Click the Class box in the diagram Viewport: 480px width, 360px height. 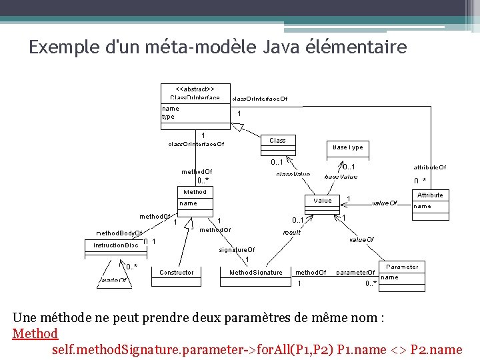pos(277,140)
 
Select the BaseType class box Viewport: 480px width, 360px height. pos(348,147)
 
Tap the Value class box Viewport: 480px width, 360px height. pos(322,200)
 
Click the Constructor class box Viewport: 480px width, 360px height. pos(177,272)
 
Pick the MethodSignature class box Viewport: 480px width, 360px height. pos(256,272)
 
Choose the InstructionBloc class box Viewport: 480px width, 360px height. pos(116,245)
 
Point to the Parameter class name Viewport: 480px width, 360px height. pos(402,267)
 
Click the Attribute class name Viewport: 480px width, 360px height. pos(430,195)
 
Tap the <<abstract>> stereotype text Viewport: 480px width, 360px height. pos(195,89)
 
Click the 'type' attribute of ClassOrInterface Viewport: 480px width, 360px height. pos(168,117)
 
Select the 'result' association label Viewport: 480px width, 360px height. pos(292,232)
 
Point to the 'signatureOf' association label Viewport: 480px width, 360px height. pos(237,250)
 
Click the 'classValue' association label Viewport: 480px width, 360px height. pos(293,175)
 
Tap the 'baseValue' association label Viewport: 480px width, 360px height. pos(341,177)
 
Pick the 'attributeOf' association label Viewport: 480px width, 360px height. pos(430,167)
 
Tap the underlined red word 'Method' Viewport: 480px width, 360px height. pos(35,333)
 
